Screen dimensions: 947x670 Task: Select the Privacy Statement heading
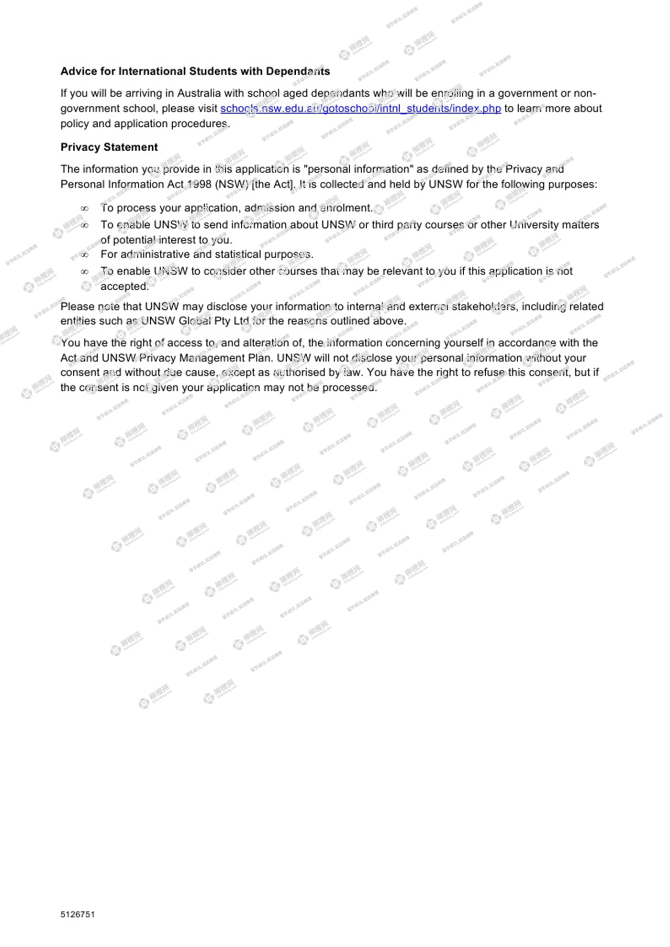(x=109, y=147)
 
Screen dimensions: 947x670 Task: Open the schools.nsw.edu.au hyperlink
(x=360, y=109)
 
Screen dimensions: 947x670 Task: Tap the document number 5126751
(x=78, y=914)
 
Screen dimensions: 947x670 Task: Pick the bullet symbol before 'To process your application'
(x=85, y=209)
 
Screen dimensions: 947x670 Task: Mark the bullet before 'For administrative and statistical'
(x=85, y=255)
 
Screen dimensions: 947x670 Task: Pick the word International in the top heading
(x=154, y=71)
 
